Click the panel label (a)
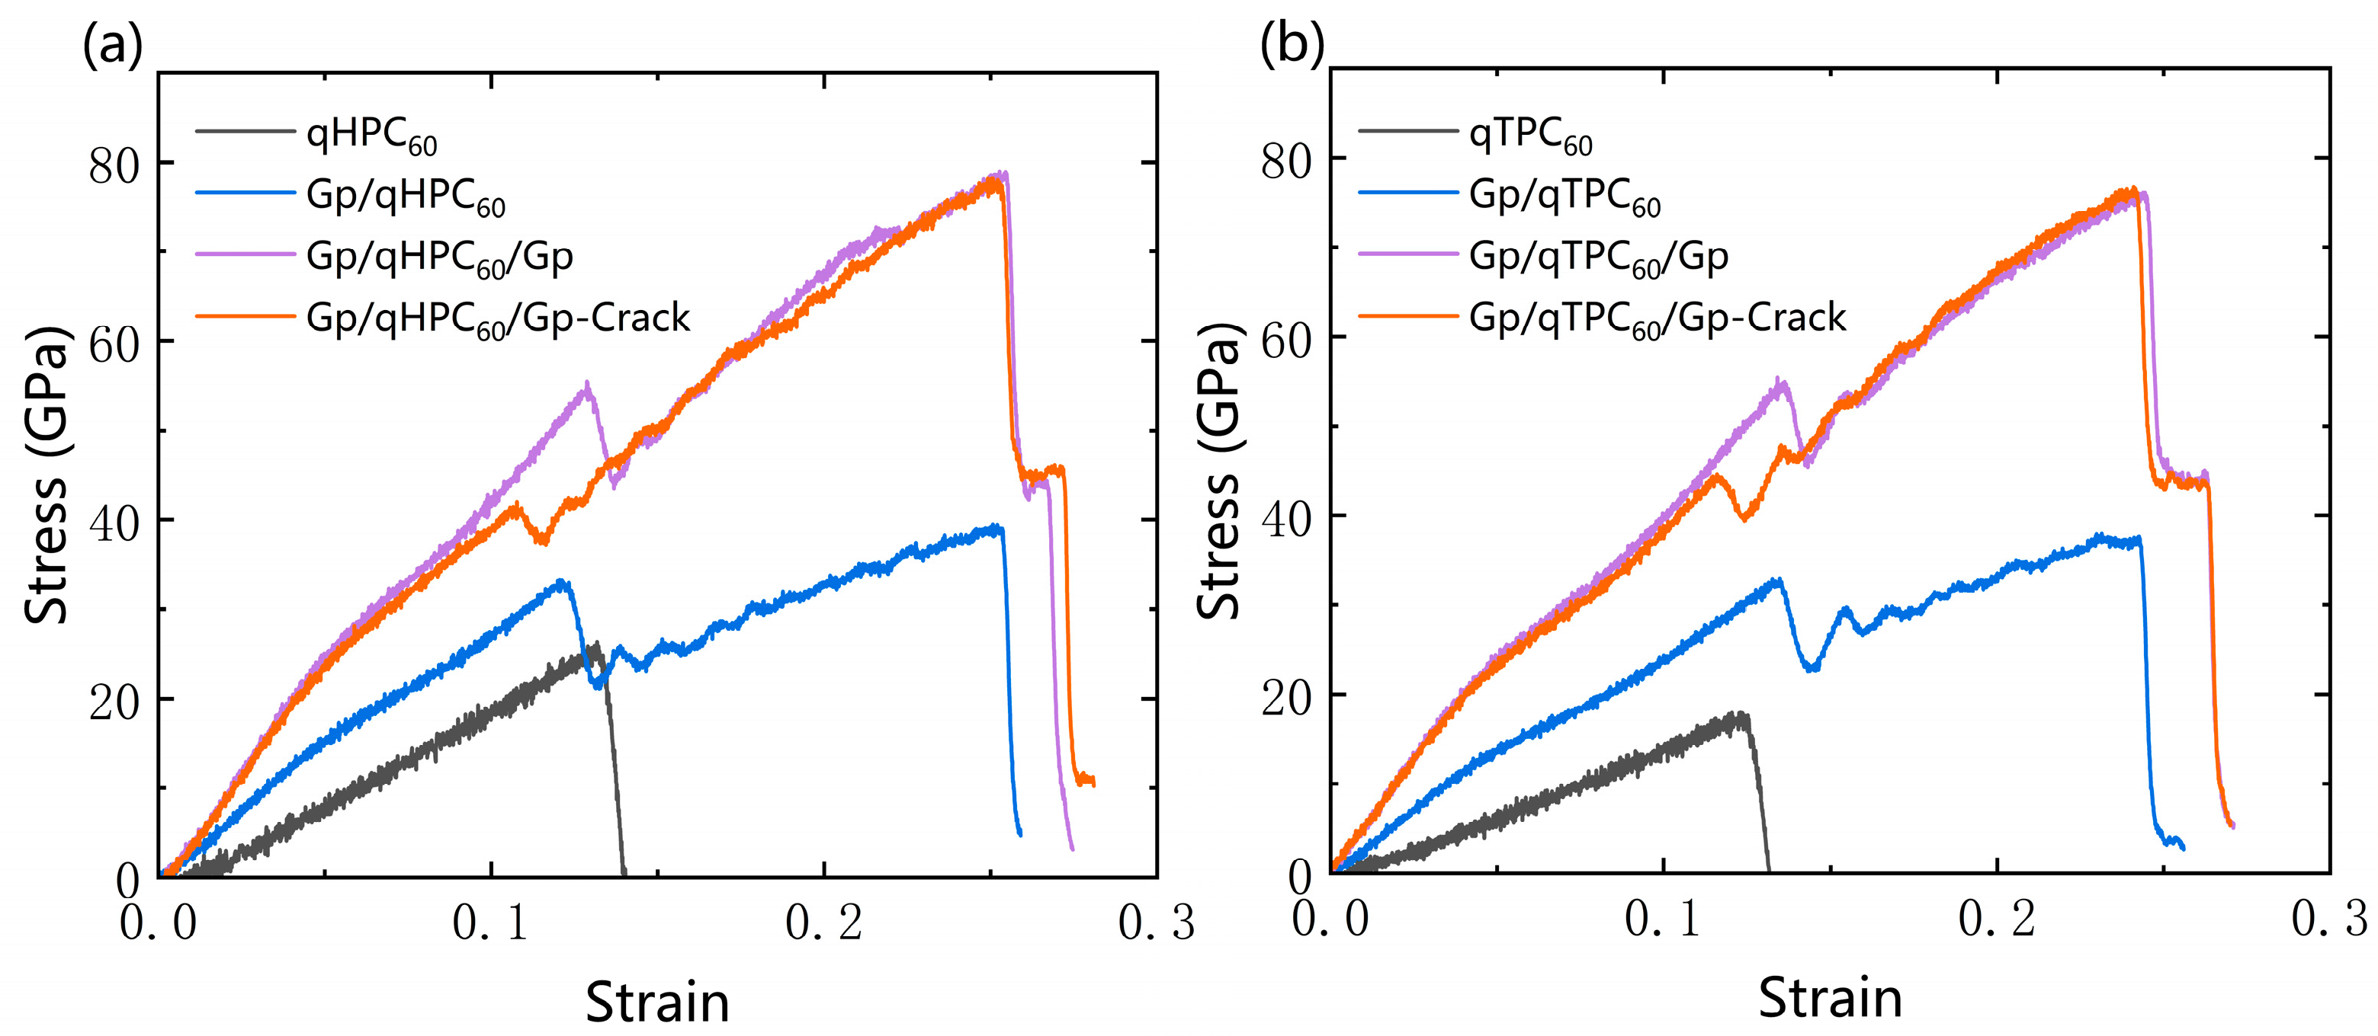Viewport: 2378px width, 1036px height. click(x=112, y=43)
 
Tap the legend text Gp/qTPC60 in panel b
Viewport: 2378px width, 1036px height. click(x=1564, y=196)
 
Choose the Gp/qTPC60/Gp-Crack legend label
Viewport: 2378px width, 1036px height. click(x=1657, y=318)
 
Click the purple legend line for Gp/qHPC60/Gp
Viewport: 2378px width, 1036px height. click(x=245, y=254)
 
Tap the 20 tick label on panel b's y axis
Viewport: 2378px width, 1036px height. click(x=1286, y=699)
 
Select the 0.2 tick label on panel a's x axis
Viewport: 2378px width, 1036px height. click(x=823, y=922)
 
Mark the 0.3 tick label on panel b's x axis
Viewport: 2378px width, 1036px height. click(x=2329, y=918)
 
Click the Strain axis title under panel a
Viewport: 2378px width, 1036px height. click(x=657, y=1002)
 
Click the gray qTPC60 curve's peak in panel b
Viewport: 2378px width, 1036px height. click(x=1739, y=714)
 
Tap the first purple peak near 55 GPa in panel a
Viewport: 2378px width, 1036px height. click(x=587, y=384)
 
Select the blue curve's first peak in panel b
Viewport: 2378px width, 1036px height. click(x=1777, y=580)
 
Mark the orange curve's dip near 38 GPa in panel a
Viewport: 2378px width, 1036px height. click(x=543, y=542)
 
